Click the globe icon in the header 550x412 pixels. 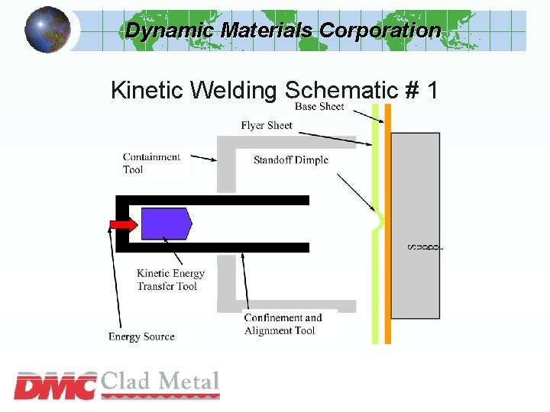point(47,30)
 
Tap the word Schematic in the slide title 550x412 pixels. point(340,91)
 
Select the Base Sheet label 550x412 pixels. point(319,107)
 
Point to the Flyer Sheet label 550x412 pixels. point(267,125)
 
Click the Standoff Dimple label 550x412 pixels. point(291,159)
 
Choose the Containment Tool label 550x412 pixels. point(151,163)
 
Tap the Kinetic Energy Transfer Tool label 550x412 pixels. point(170,280)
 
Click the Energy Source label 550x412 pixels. point(141,336)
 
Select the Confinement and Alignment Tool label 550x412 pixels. point(283,324)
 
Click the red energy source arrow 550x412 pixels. point(122,224)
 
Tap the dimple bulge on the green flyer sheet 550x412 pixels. point(377,222)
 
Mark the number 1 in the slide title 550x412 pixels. point(432,91)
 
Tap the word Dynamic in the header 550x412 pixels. point(170,31)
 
